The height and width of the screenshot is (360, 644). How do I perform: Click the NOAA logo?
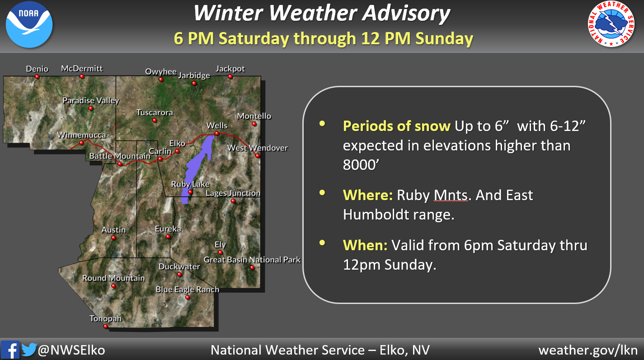click(29, 24)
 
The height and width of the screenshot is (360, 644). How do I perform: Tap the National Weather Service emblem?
click(611, 24)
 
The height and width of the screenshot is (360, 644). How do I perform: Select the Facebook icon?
click(10, 350)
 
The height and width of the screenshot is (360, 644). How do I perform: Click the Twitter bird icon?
click(29, 349)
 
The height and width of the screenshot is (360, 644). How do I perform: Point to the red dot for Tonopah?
click(105, 327)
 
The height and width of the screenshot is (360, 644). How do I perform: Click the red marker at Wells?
click(217, 133)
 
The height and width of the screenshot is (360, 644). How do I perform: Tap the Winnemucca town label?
click(81, 135)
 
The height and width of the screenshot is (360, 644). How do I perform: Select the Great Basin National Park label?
click(252, 260)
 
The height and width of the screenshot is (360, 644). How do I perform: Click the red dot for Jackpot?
click(230, 77)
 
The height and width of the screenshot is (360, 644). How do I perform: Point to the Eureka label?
click(168, 229)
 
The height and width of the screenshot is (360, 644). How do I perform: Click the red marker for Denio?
click(37, 77)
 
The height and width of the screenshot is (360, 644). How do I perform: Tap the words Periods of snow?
click(397, 126)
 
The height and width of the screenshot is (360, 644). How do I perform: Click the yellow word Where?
click(368, 195)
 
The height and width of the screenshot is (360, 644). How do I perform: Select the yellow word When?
click(365, 245)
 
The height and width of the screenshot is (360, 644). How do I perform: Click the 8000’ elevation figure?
click(361, 165)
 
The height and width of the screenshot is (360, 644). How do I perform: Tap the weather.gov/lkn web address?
click(588, 350)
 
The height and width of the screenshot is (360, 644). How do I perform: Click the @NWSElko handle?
click(71, 350)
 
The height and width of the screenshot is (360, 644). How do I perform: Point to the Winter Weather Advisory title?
click(322, 13)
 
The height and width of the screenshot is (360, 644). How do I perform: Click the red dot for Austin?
click(113, 238)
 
